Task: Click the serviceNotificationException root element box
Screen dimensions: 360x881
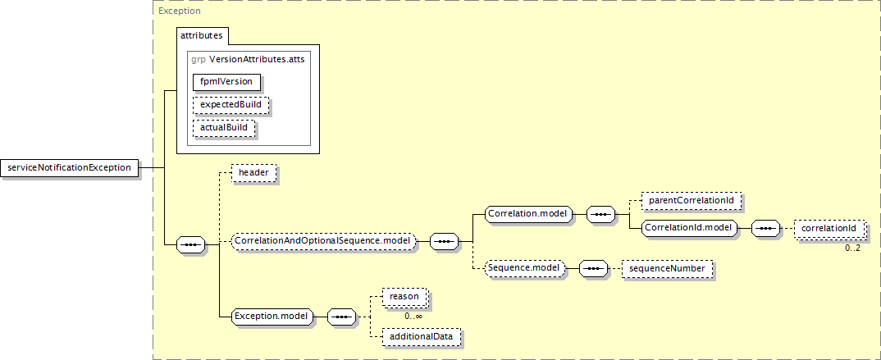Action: [x=69, y=167]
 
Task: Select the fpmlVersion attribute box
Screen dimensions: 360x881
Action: [x=226, y=81]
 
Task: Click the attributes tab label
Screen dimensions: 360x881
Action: [x=203, y=37]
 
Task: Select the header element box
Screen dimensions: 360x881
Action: [x=253, y=173]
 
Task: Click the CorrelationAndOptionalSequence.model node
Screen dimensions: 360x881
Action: [x=322, y=242]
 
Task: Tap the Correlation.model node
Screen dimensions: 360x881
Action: [x=527, y=214]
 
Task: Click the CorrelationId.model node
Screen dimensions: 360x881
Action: [x=687, y=227]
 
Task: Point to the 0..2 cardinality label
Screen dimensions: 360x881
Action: [x=852, y=248]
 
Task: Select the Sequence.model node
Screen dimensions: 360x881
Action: [x=523, y=267]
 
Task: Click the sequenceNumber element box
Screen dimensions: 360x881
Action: [x=667, y=267]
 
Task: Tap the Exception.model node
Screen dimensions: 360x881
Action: [x=271, y=316]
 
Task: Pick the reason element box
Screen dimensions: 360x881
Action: [x=404, y=296]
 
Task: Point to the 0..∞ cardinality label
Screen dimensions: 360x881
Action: [x=413, y=316]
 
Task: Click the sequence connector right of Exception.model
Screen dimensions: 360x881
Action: [x=340, y=316]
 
